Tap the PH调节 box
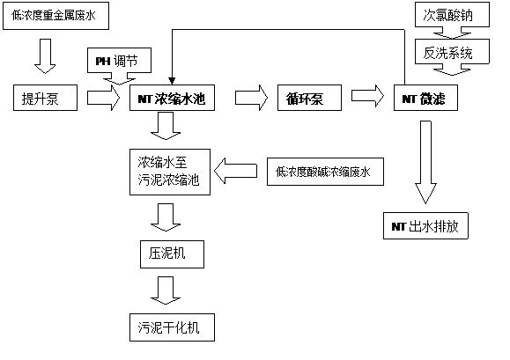coord(123,62)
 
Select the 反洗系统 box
coord(449,52)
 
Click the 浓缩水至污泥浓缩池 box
coord(170,169)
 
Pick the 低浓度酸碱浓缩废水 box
coord(323,171)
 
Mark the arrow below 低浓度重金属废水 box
coord(44,55)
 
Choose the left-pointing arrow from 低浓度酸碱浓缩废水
coord(237,169)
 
